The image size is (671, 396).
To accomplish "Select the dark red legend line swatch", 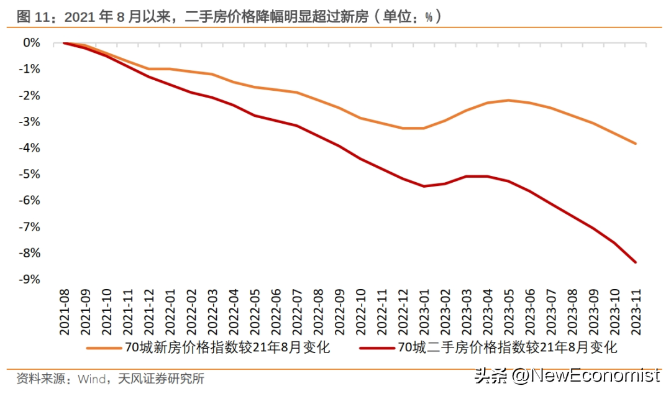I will [377, 348].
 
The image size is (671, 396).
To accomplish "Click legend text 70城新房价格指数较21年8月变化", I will [227, 348].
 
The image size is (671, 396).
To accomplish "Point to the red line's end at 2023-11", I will [636, 262].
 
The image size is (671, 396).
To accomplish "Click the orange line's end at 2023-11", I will [636, 144].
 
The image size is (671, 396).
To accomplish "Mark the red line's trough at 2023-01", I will [424, 186].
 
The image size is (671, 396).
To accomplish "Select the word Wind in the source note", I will [90, 379].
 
